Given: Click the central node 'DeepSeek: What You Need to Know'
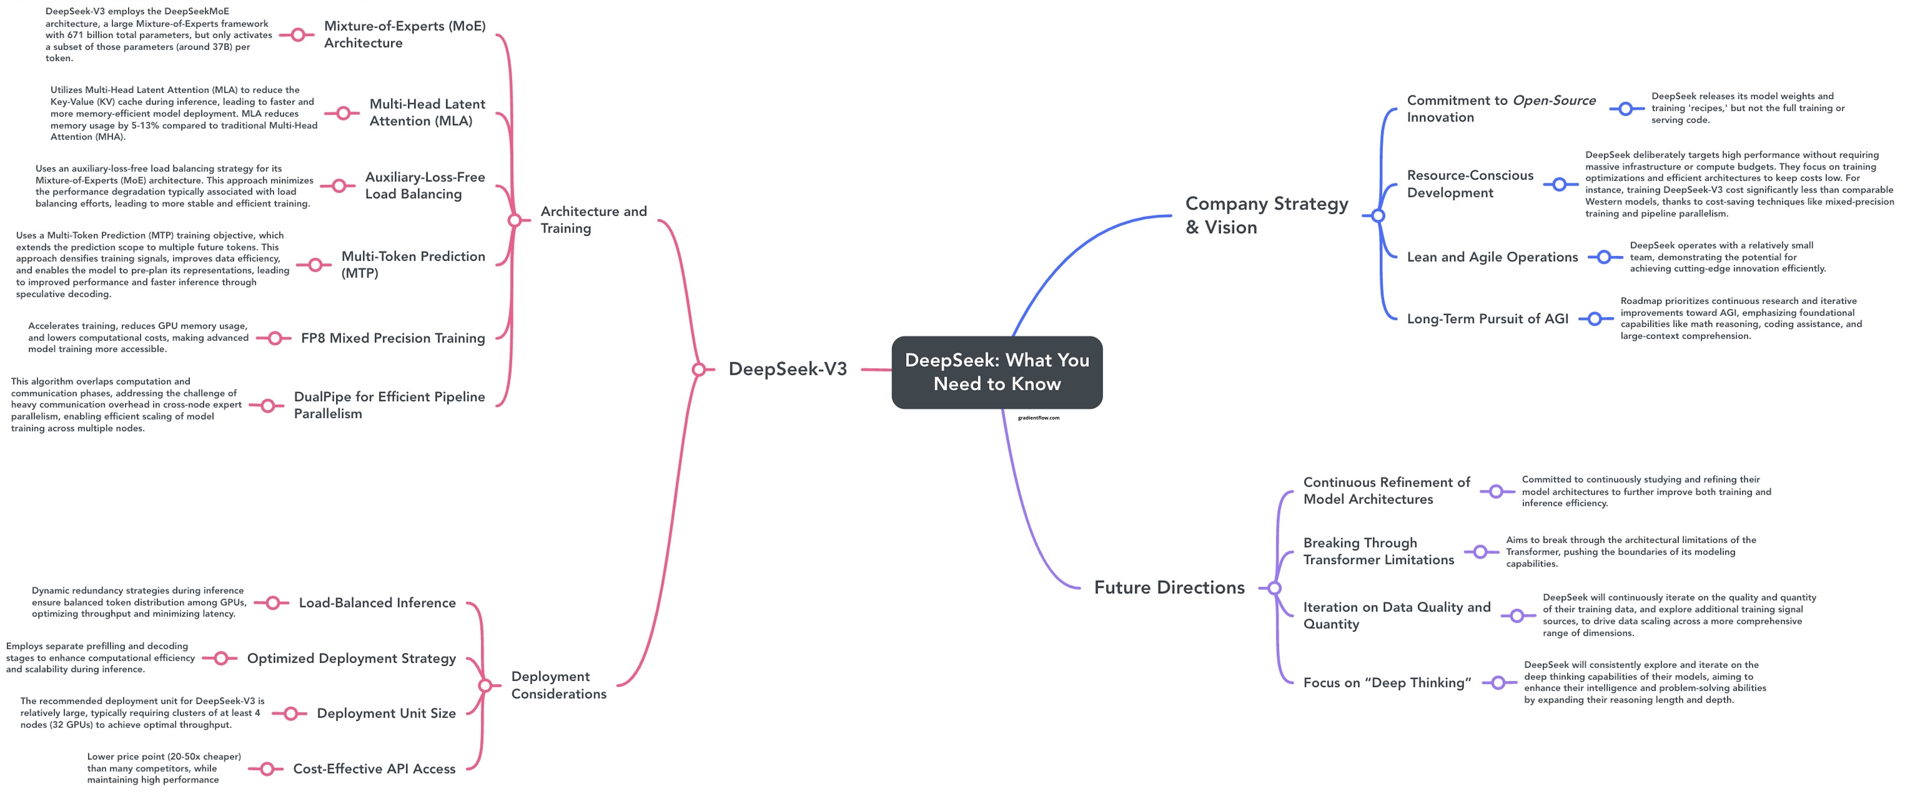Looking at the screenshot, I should [x=997, y=372].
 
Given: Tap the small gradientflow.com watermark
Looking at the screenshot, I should [x=1038, y=418].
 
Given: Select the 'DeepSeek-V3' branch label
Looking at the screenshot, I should [x=788, y=369].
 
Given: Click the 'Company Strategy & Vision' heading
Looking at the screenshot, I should [x=1266, y=215].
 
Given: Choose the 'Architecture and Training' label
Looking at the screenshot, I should [x=593, y=220].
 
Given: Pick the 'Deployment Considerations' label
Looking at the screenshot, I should [x=558, y=685].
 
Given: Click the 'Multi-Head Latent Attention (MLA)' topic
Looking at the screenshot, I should [x=427, y=112].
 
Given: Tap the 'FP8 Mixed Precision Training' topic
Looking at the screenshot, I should [x=393, y=338].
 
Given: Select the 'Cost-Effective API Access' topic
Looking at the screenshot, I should [x=374, y=769].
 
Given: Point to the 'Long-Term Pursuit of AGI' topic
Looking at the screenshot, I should [x=1487, y=319].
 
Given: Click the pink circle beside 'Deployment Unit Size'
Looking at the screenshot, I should [x=291, y=713].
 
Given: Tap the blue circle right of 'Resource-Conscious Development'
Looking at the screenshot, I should [x=1560, y=184].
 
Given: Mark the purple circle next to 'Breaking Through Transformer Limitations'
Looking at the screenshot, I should [x=1480, y=552].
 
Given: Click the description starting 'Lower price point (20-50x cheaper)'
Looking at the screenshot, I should [x=164, y=768].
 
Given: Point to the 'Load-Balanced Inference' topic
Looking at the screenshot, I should [x=377, y=603].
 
